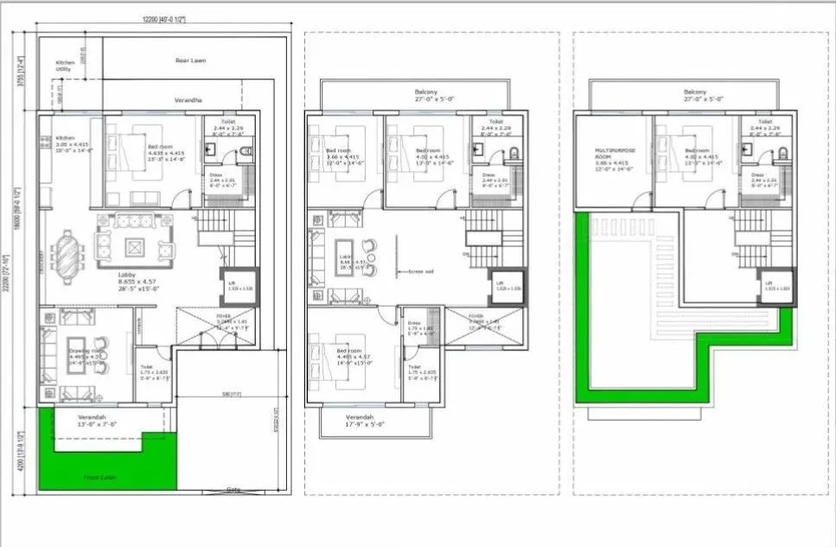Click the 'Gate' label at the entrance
[x=233, y=488]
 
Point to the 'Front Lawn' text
[x=99, y=477]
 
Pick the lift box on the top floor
[x=777, y=286]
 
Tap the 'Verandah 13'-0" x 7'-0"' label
[x=97, y=421]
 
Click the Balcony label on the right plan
[x=695, y=95]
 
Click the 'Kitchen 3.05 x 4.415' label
[x=69, y=143]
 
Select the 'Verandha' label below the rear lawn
[x=188, y=100]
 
